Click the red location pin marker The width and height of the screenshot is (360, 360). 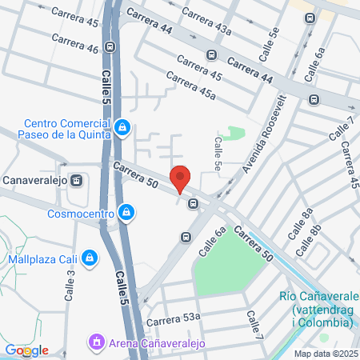(x=180, y=178)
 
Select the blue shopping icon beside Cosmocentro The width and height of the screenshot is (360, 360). (x=126, y=212)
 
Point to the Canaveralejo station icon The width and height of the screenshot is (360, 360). (x=77, y=180)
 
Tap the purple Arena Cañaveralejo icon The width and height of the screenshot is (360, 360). (x=97, y=342)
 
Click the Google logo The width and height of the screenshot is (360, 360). (x=26, y=350)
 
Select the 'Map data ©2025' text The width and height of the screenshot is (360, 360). (x=326, y=354)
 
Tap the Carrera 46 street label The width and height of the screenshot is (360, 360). (x=74, y=43)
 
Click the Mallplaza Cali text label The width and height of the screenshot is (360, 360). (x=41, y=258)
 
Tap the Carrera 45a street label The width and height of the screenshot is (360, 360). (x=190, y=86)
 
